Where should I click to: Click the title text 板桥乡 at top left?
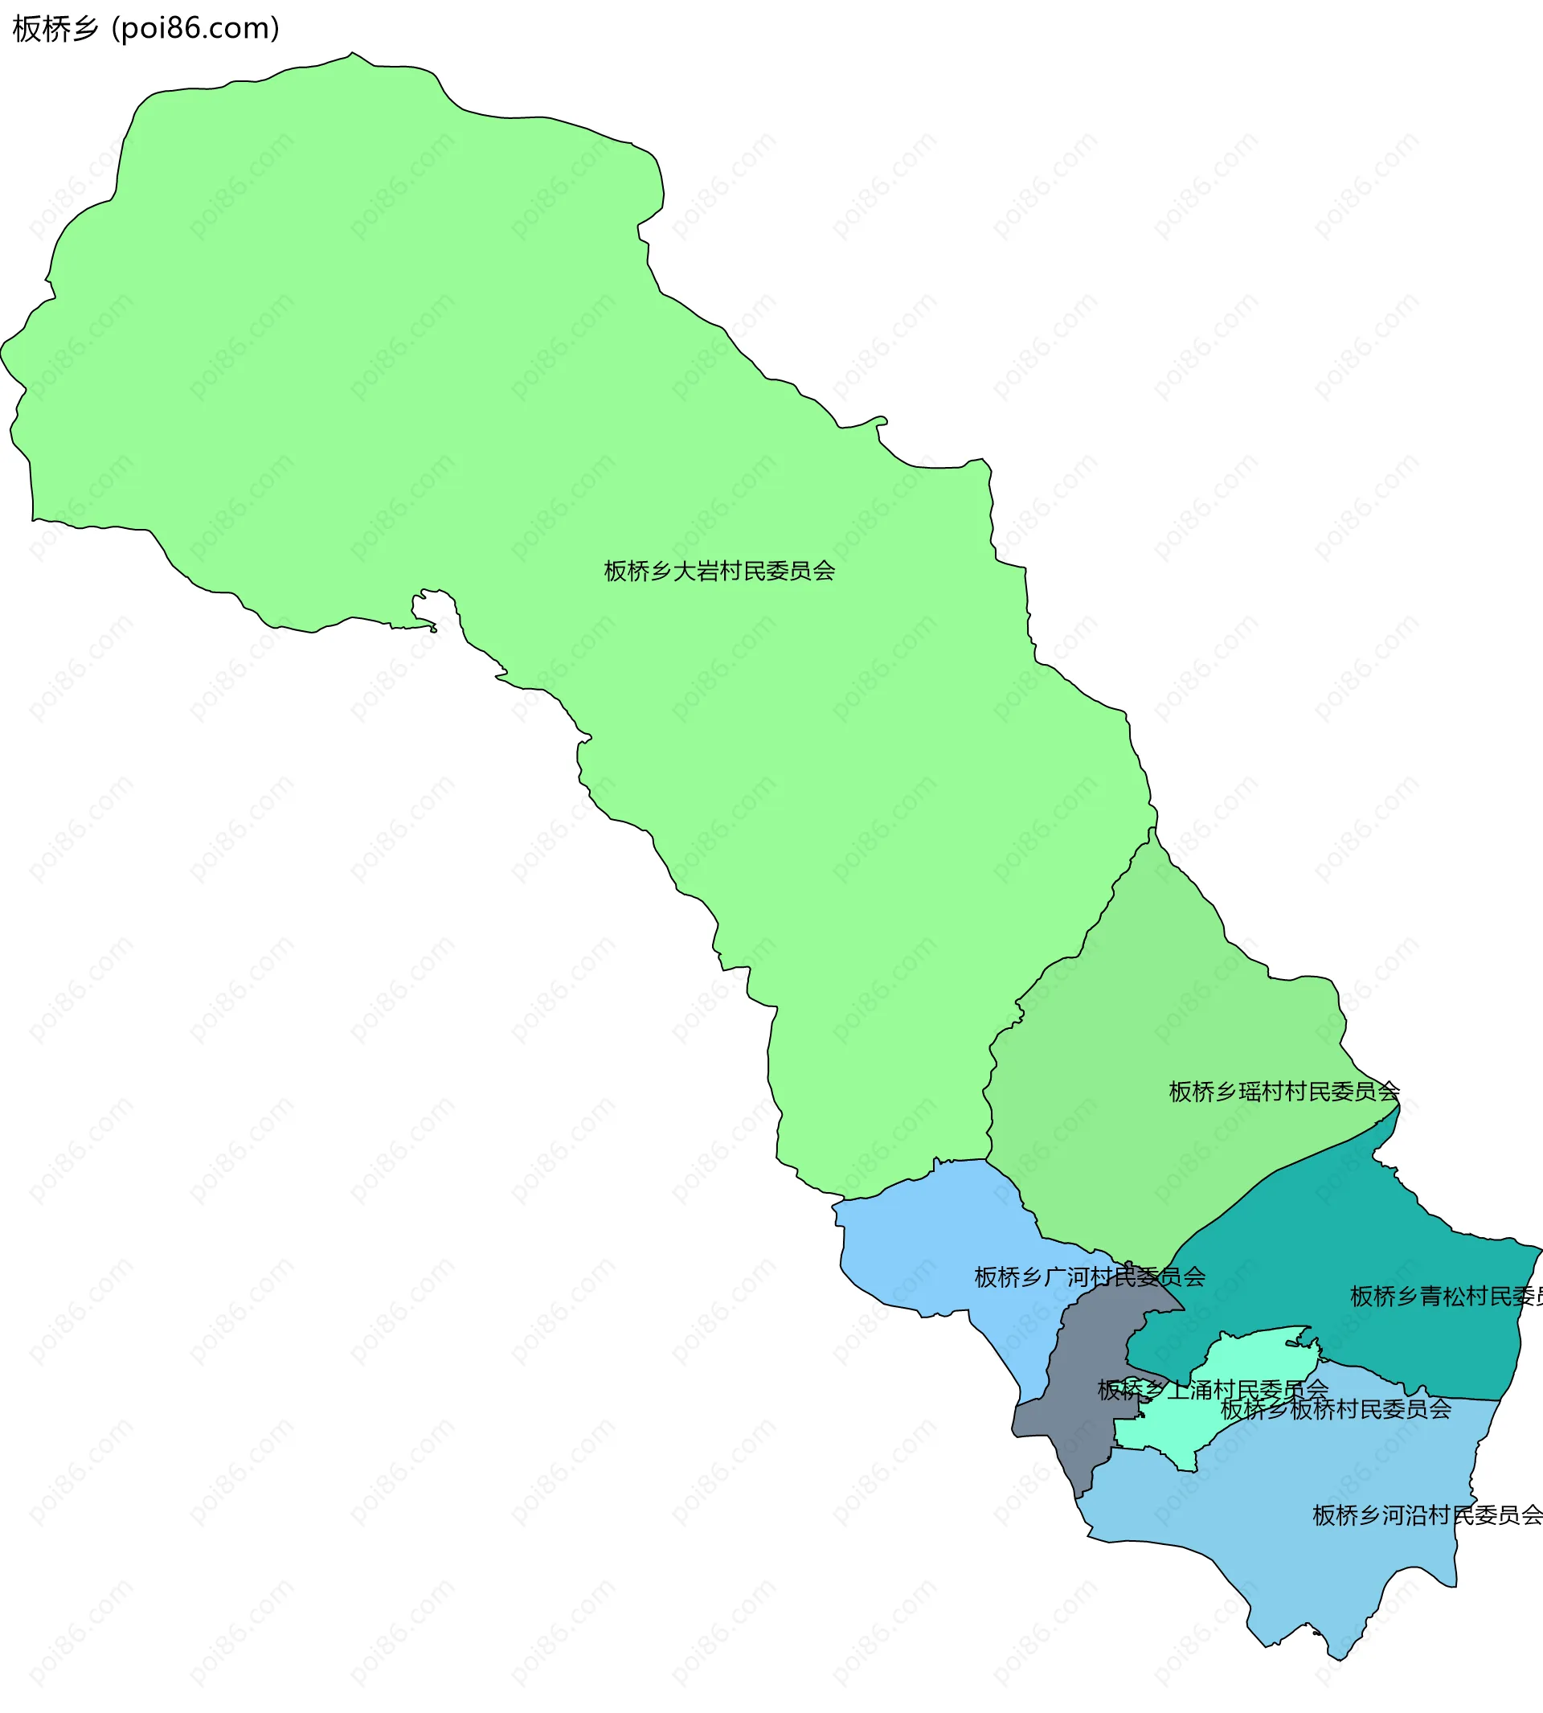click(56, 29)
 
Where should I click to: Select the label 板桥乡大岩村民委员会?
click(719, 571)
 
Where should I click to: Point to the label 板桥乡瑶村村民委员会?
click(1283, 1092)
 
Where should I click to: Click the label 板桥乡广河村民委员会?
click(1090, 1277)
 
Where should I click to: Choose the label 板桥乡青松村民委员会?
click(1446, 1297)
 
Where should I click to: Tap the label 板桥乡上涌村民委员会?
click(1213, 1390)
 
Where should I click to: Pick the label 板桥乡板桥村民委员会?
click(1336, 1409)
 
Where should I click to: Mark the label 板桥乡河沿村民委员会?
click(1426, 1515)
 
